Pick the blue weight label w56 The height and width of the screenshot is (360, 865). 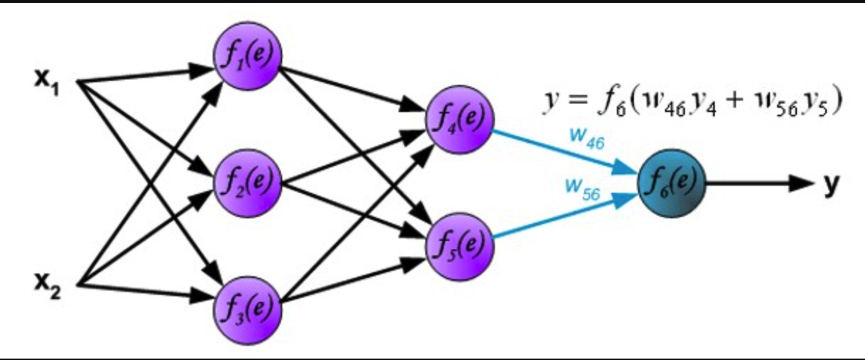[584, 189]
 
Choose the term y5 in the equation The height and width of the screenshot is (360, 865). [815, 105]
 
